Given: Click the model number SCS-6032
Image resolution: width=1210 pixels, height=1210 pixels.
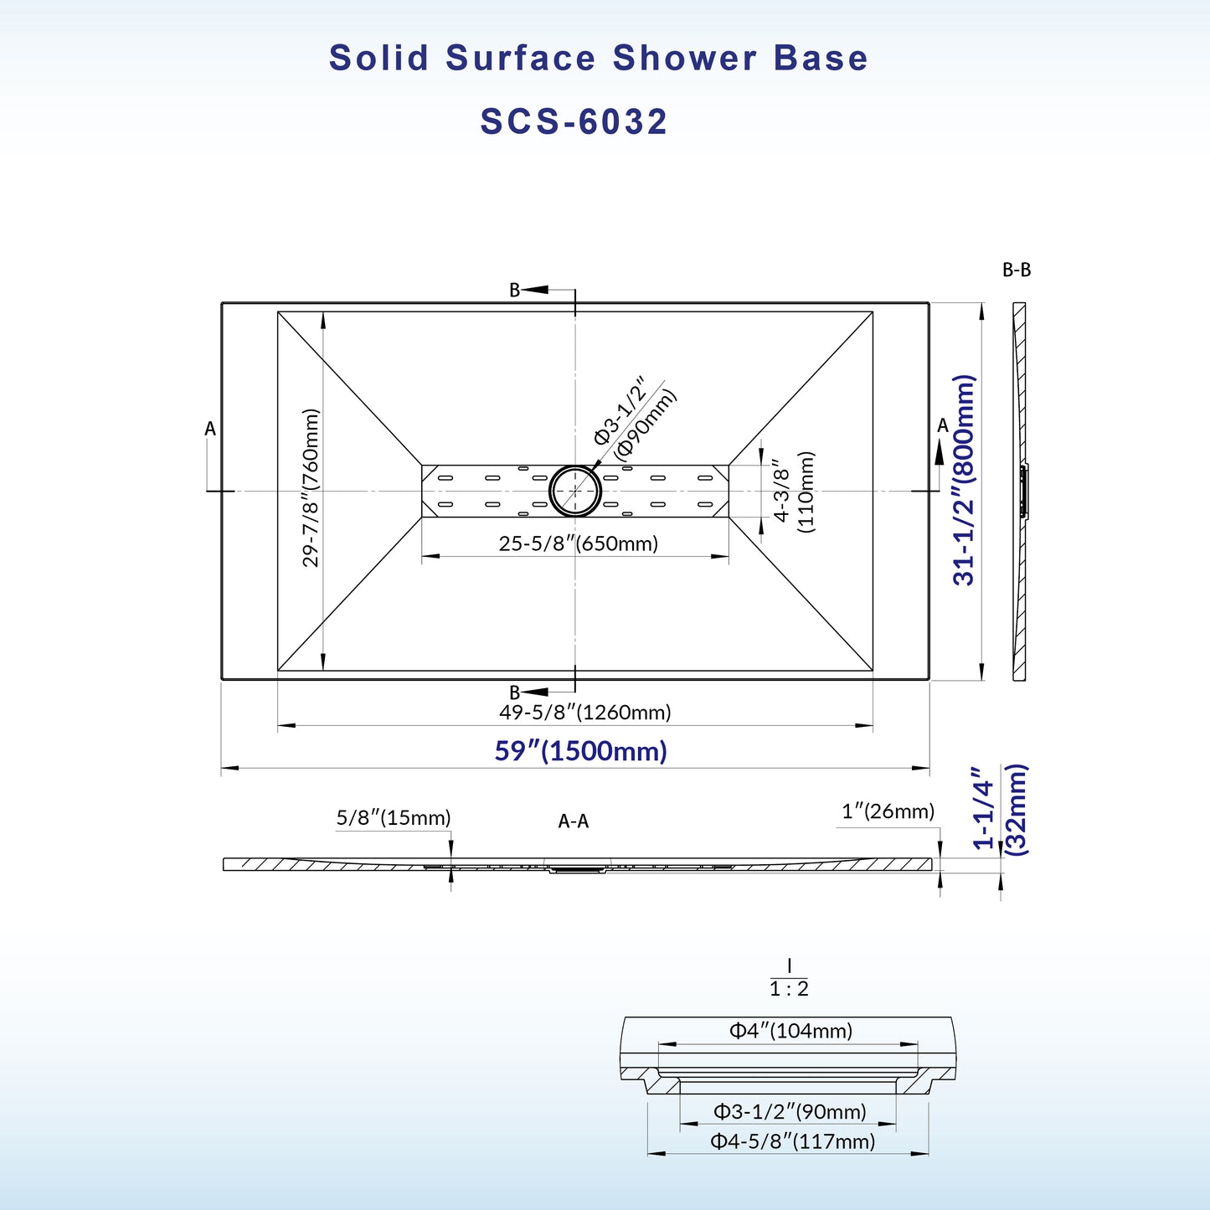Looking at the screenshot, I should pos(574,122).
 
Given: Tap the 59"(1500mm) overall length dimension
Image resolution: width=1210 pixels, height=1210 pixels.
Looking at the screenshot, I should pos(580,750).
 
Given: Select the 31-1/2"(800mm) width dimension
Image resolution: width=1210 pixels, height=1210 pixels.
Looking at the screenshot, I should pos(965,479).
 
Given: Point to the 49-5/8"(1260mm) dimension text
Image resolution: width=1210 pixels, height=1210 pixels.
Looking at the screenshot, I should pos(585,713).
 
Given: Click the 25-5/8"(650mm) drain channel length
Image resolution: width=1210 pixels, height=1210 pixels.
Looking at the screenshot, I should pos(579,543).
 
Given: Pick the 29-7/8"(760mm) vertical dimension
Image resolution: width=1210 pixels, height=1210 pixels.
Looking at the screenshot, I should pos(311,487).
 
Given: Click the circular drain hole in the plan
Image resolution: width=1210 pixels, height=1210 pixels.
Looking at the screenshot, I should pos(575,491).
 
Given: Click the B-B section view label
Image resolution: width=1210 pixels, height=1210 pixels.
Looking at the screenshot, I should pos(1017,270).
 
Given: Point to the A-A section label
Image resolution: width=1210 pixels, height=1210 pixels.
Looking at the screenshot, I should pos(574,821).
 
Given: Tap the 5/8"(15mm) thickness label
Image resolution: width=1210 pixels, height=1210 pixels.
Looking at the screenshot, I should pos(394,817).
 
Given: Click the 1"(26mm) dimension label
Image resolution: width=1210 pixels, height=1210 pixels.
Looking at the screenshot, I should pos(888,811).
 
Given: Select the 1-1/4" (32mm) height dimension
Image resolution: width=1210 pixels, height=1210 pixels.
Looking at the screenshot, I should pos(1000,809).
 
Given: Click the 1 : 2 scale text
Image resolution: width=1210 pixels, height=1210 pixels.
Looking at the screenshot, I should pos(789,989).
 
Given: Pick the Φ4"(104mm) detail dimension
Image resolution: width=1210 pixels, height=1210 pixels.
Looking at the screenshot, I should pos(790,1031).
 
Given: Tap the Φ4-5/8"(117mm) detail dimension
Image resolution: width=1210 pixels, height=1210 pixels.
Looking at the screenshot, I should pos(792,1140).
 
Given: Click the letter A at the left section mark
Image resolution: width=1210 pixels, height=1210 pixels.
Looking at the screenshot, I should pos(210,429).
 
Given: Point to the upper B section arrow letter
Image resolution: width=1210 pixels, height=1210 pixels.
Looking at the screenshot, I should pos(515,290).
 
